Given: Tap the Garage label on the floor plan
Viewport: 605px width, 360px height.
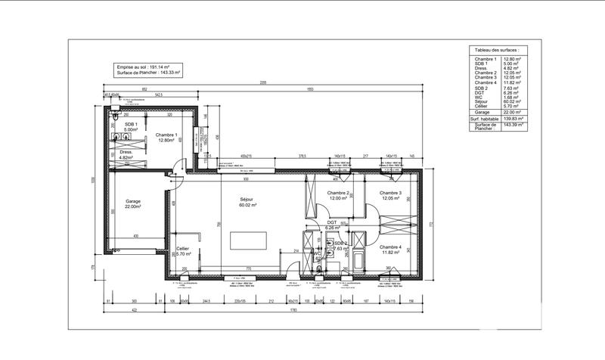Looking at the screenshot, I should click(133, 202).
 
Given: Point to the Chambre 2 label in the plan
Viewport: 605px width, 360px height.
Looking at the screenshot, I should click(337, 193).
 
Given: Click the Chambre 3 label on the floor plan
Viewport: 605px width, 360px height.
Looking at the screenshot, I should click(389, 193).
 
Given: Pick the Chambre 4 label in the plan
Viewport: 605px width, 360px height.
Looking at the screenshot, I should click(390, 247).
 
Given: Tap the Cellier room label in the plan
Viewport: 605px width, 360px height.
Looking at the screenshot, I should click(182, 250).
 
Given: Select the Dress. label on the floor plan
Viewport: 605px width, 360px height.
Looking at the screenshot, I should click(126, 152).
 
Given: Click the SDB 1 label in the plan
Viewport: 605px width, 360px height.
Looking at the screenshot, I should click(131, 124).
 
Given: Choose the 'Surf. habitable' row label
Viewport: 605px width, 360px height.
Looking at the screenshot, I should click(485, 119).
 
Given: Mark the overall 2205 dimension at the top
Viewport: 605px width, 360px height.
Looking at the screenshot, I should click(263, 82).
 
